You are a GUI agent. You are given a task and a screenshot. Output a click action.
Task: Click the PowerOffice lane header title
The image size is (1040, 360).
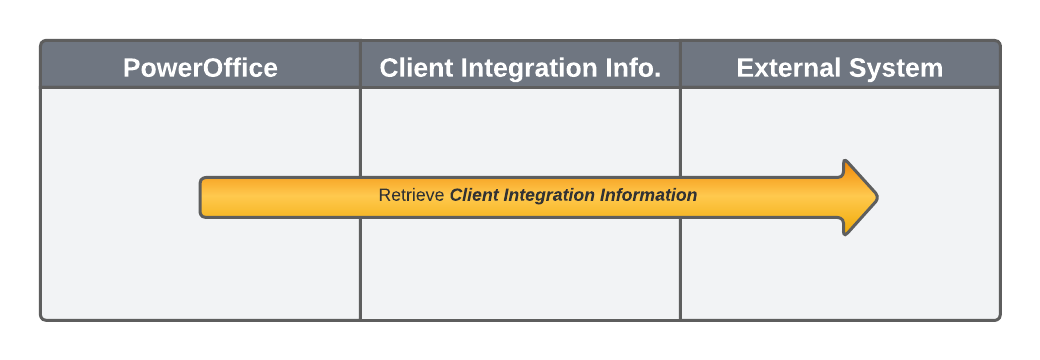tap(200, 68)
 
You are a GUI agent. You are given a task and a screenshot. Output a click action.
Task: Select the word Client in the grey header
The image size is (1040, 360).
tap(411, 68)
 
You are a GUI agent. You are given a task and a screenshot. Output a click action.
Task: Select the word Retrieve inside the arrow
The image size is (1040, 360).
tap(411, 196)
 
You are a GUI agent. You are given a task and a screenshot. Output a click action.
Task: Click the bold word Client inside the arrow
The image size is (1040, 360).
tap(472, 196)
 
